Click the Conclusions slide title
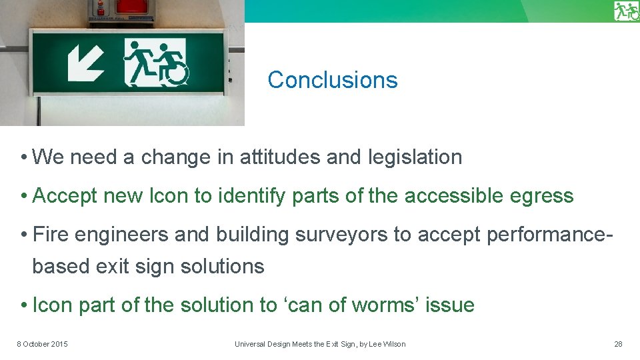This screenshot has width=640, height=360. tap(332, 80)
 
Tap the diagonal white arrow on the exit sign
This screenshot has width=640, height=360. tap(86, 63)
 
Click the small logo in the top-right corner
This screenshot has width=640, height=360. tap(627, 11)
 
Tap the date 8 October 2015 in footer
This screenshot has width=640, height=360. tap(42, 344)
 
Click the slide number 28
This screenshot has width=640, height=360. tap(618, 344)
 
